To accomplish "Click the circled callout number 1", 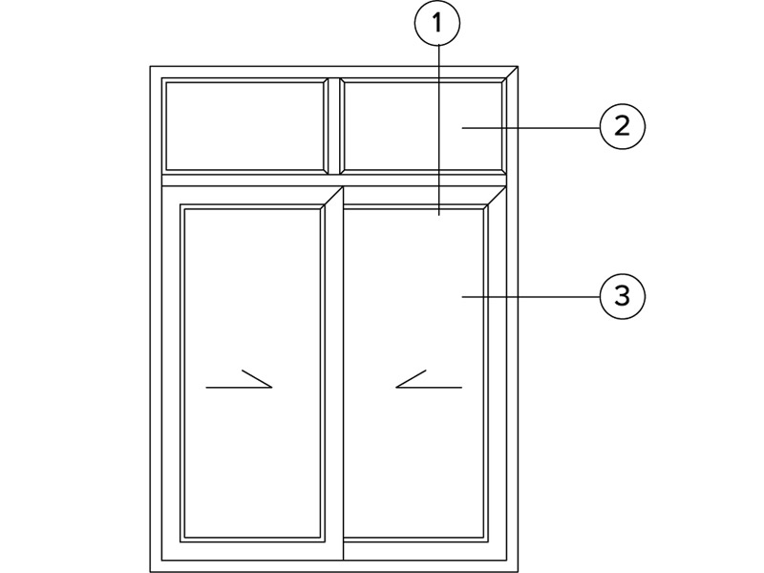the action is pos(437,22).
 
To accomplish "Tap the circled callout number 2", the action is pos(623,127).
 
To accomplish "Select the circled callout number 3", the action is pos(623,296).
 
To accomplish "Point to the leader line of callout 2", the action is pos(531,128).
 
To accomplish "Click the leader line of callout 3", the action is pos(531,296).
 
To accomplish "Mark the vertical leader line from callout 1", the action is pos(439,130).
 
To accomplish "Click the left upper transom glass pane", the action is pos(244,126).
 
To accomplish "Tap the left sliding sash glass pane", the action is pos(252,373).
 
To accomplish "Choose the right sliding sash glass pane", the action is pos(414,373).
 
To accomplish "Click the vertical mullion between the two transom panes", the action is pos(333,126).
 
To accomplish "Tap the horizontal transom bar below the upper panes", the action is pos(333,180).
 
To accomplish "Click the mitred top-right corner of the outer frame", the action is pos(512,73).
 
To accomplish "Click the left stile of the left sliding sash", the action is pos(171,373).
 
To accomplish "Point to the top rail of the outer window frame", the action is pos(333,73).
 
